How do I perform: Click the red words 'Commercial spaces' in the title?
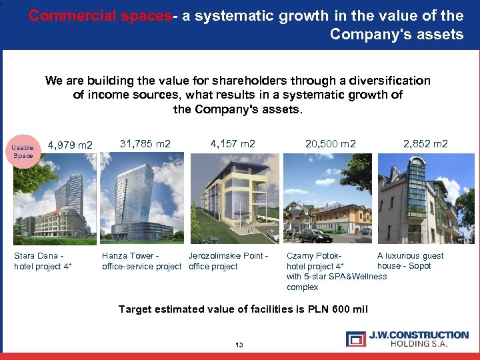pyautogui.click(x=100, y=16)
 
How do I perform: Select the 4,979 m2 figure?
pyautogui.click(x=70, y=145)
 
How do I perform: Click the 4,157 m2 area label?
pyautogui.click(x=233, y=143)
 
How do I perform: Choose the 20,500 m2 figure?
pyautogui.click(x=331, y=143)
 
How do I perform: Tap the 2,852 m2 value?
pyautogui.click(x=426, y=143)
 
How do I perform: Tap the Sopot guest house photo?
pyautogui.click(x=417, y=200)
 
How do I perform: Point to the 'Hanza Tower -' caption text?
pyautogui.click(x=130, y=256)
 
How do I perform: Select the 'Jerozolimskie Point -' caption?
pyautogui.click(x=228, y=256)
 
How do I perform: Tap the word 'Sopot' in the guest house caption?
pyautogui.click(x=419, y=266)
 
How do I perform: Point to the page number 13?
pyautogui.click(x=239, y=345)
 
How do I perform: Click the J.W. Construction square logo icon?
pyautogui.click(x=355, y=339)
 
